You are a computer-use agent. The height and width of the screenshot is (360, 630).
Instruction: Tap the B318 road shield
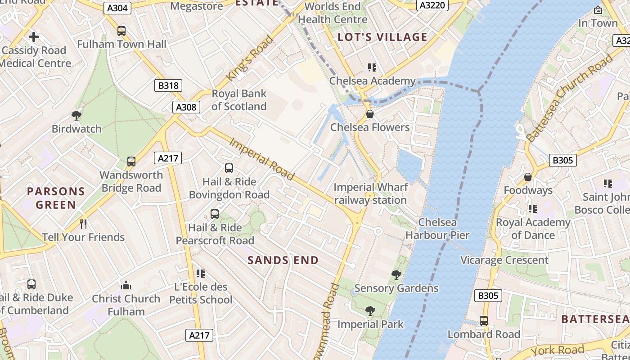(168, 85)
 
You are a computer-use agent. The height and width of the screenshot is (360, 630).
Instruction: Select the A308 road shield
(186, 107)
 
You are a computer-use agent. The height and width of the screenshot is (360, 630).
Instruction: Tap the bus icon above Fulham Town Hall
(121, 31)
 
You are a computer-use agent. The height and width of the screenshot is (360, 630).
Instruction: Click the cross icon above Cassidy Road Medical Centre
(34, 37)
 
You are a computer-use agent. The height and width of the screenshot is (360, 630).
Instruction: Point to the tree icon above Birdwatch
(76, 116)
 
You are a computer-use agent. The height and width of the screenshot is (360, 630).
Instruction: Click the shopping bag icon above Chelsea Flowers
(370, 114)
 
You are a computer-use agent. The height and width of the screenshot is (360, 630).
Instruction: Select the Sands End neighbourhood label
(283, 260)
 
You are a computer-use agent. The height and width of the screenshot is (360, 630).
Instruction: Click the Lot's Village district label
(382, 37)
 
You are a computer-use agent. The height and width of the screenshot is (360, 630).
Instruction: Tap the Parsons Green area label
(56, 198)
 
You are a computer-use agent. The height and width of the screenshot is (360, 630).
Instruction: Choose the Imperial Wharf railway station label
(370, 193)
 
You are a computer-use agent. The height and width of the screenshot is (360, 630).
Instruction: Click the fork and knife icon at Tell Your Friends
(83, 224)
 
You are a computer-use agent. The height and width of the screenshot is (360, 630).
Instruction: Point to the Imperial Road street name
(262, 159)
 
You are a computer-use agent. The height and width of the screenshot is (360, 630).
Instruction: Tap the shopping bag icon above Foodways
(528, 177)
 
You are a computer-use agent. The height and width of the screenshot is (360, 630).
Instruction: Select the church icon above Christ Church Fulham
(126, 285)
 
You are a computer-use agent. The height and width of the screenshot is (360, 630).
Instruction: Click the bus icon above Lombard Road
(484, 321)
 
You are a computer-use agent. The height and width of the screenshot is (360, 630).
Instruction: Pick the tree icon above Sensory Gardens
(396, 274)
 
